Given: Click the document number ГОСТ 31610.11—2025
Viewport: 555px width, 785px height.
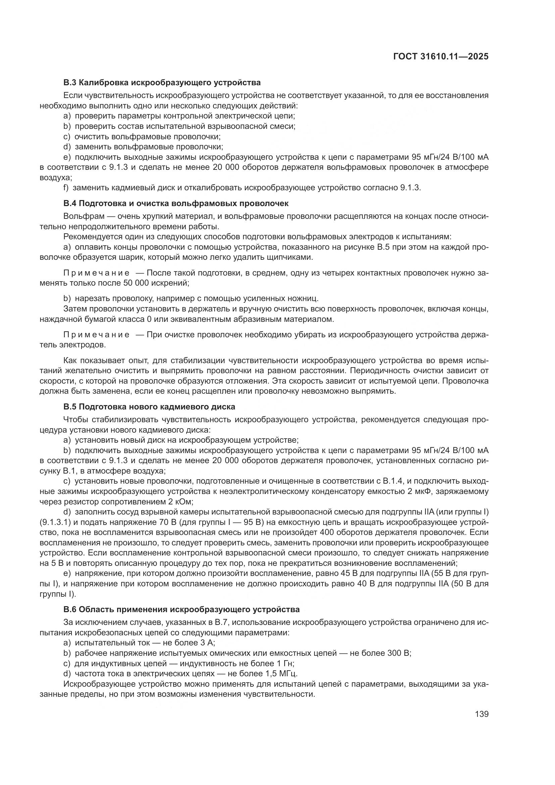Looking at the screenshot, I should pyautogui.click(x=441, y=56).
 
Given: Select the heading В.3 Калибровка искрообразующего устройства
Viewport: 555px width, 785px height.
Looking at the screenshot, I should pyautogui.click(x=162, y=83).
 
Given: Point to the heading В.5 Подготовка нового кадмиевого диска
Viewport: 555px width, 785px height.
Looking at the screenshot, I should pyautogui.click(x=149, y=407).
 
